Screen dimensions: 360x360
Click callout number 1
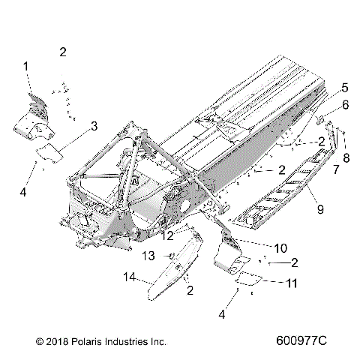pos(27,67)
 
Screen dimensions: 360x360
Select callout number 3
pos(94,126)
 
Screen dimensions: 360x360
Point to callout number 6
pos(345,105)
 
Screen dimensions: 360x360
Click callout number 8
pos(346,158)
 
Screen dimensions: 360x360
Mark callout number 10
pos(259,247)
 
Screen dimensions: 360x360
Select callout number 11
pos(291,283)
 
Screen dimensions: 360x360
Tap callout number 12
pos(167,235)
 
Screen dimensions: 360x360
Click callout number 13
pos(150,256)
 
